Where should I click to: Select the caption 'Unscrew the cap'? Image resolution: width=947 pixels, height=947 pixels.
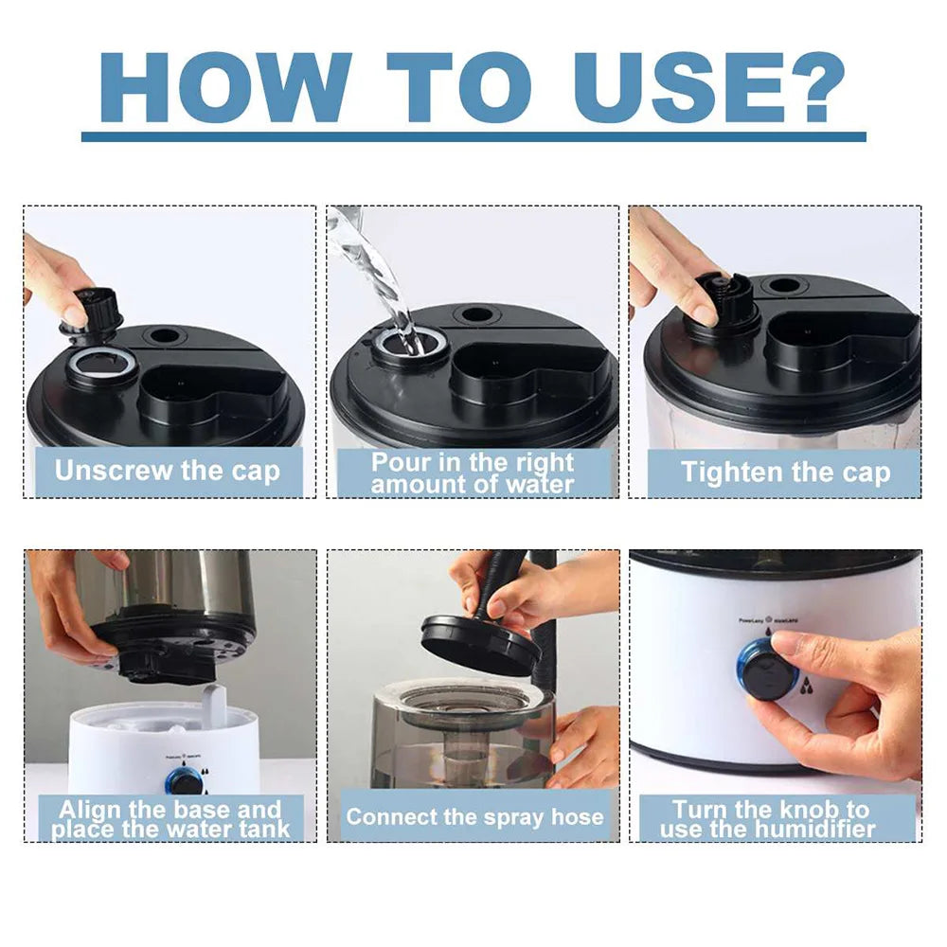click(x=168, y=472)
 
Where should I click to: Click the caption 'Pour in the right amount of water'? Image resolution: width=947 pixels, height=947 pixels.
click(x=473, y=473)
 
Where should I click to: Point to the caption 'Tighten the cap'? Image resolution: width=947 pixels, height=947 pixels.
click(x=786, y=473)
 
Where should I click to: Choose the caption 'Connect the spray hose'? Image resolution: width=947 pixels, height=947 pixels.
click(x=474, y=816)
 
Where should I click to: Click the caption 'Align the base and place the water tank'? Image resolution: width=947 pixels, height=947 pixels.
click(x=170, y=819)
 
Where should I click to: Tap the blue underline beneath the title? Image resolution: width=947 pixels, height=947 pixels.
click(x=473, y=136)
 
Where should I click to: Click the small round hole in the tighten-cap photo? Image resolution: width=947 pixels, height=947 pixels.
click(x=783, y=285)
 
